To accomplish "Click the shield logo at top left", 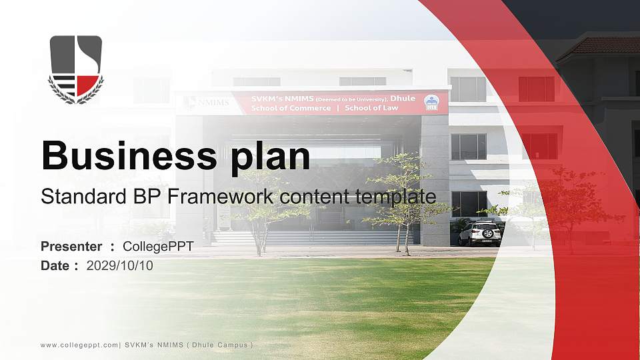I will [x=76, y=67].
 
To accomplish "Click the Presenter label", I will [x=71, y=247].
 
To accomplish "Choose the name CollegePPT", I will [x=158, y=247].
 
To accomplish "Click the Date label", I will [x=55, y=266].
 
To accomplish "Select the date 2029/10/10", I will [x=120, y=266].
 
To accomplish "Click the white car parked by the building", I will [x=480, y=233].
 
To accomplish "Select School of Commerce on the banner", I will [x=291, y=108].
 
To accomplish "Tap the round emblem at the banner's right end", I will [x=432, y=103].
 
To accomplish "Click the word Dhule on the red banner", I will [x=403, y=98].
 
